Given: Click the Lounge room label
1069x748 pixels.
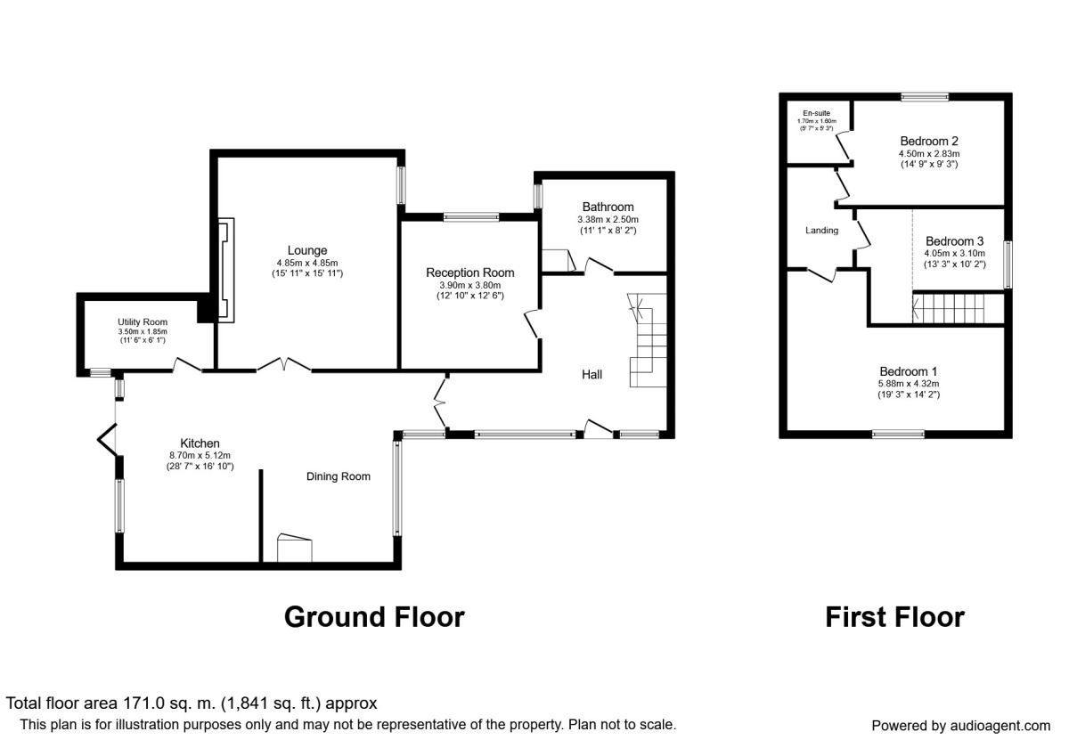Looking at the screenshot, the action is pos(306,250).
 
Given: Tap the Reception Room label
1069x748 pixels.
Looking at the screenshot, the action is pos(470,272).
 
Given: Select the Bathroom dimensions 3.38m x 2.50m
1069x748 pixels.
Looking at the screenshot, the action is pos(608,219).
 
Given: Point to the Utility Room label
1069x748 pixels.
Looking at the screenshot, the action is pos(143,322).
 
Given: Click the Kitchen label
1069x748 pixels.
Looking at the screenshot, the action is pos(200,443).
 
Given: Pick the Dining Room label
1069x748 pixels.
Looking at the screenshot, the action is pos(339,476).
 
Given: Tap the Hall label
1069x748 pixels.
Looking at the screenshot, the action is pos(592,375).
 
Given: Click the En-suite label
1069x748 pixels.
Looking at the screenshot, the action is pos(817,113).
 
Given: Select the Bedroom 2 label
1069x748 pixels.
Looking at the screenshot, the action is pos(929,142).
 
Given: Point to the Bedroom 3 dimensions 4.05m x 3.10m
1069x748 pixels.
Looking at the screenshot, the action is pos(954,253).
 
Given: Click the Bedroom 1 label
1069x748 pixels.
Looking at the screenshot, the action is pos(909,371).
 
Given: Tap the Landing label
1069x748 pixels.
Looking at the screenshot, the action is pos(821,231).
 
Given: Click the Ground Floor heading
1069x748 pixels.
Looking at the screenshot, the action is pos(375,617).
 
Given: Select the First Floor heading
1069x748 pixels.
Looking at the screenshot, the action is pos(894,617).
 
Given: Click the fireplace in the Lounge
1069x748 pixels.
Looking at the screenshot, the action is pos(226,270).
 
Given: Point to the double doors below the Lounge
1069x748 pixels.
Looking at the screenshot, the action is pos(284,364).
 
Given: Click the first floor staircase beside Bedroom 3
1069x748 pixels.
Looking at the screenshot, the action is pos(948,308).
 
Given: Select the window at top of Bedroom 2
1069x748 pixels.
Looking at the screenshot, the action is pos(925,97).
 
